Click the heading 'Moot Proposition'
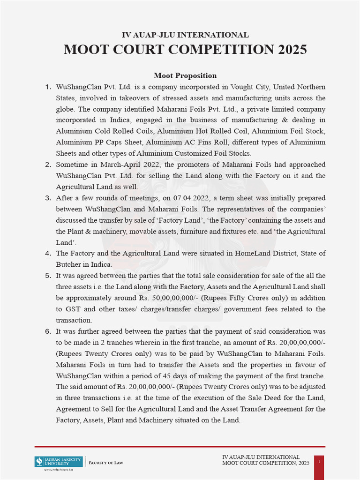185,75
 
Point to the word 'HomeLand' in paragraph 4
252,253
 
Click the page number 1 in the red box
319,462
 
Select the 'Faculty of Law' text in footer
106,463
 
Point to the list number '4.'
48,253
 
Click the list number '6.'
48,331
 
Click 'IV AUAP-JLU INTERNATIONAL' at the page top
185,35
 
